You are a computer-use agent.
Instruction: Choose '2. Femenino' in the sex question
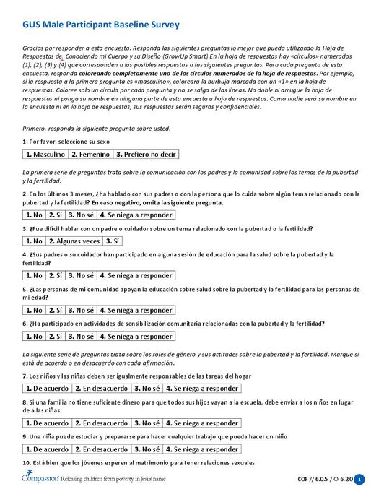(90, 155)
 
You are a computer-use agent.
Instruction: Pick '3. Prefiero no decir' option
(146, 155)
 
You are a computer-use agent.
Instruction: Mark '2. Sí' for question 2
(56, 215)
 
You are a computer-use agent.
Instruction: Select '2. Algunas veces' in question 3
(75, 241)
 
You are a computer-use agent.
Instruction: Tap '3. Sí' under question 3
(113, 241)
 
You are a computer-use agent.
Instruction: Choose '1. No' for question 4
(34, 275)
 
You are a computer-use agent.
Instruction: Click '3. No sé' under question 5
(81, 310)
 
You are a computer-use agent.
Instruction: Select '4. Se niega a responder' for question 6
(136, 336)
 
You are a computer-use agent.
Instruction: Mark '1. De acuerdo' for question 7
(47, 388)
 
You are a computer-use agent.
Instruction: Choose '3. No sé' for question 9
(147, 449)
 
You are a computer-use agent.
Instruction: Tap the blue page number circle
(359, 479)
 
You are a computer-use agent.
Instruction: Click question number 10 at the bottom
(26, 462)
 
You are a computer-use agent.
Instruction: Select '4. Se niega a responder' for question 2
(136, 215)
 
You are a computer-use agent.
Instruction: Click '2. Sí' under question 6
(56, 336)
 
